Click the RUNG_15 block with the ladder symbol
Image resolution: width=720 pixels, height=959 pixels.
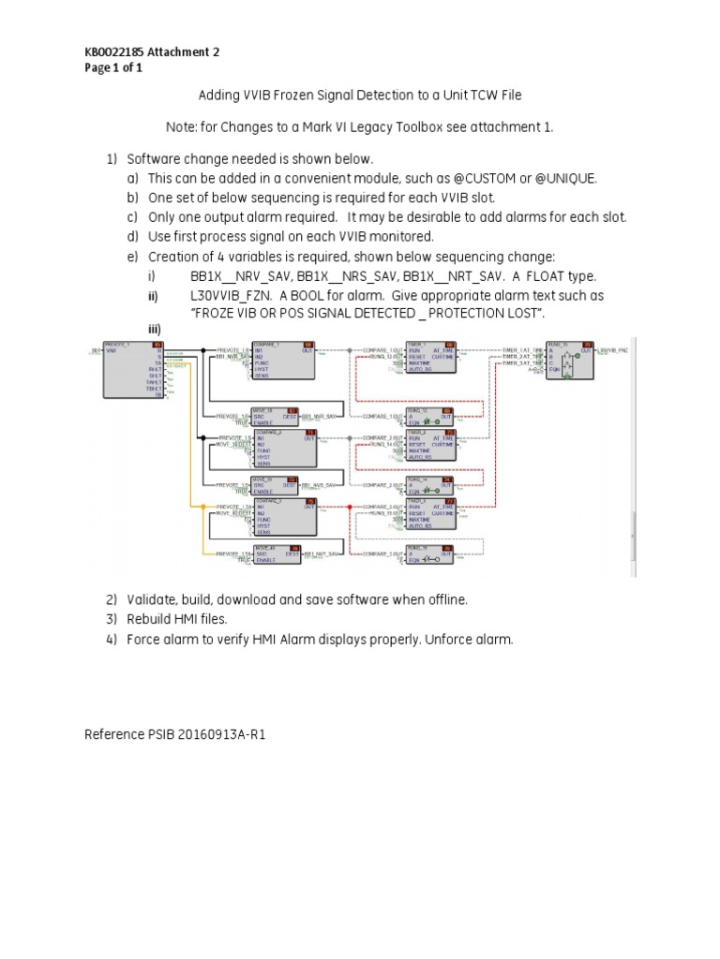click(x=570, y=361)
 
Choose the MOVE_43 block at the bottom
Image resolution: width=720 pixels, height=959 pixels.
click(x=273, y=555)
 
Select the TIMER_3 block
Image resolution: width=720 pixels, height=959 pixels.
click(x=430, y=514)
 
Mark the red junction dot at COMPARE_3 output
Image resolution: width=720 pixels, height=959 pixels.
click(x=349, y=507)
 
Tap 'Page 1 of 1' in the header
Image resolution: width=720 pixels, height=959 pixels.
click(x=113, y=68)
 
